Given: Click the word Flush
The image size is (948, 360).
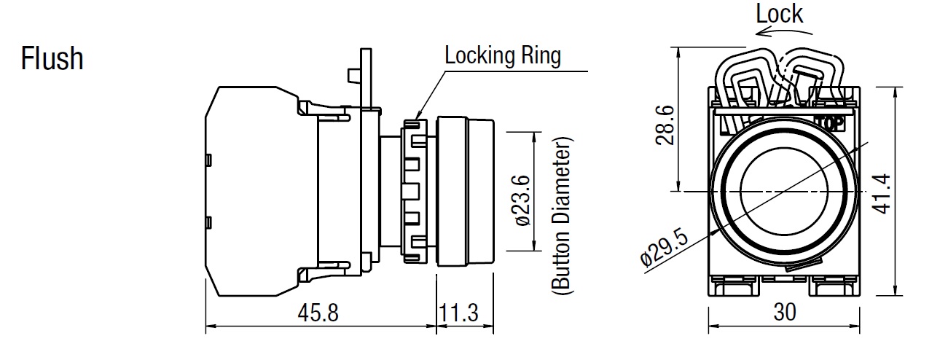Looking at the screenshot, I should [52, 58].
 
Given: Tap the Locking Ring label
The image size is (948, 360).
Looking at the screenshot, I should [503, 56].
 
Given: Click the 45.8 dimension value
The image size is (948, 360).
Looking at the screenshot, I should [318, 313].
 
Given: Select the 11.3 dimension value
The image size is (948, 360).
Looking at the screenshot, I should [458, 313].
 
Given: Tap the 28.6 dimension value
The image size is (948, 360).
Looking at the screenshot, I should [664, 124].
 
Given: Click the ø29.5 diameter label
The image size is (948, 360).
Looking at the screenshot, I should [665, 247].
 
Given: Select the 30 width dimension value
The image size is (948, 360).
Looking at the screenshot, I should [784, 312].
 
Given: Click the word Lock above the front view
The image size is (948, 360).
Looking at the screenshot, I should [779, 13].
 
